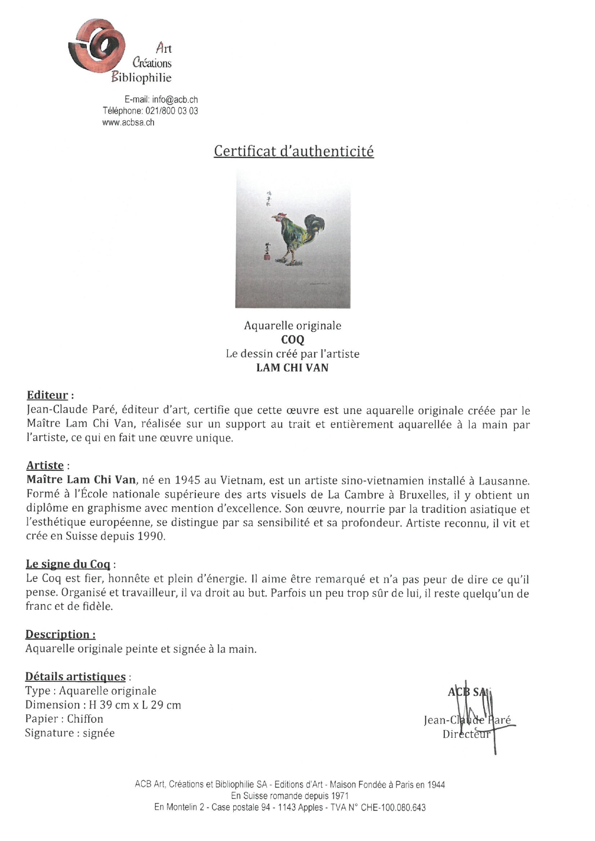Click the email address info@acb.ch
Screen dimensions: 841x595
175,100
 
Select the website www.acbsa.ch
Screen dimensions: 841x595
128,122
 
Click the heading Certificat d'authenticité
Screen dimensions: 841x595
294,151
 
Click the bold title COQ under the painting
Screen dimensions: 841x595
293,340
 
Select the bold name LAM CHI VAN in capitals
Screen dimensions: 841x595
292,368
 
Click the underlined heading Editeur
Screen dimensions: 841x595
48,395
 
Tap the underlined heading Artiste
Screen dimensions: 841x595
45,465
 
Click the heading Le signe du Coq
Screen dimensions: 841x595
68,565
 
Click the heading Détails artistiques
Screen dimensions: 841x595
75,677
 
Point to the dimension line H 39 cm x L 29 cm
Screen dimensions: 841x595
135,705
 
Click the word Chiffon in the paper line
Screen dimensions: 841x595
85,719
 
